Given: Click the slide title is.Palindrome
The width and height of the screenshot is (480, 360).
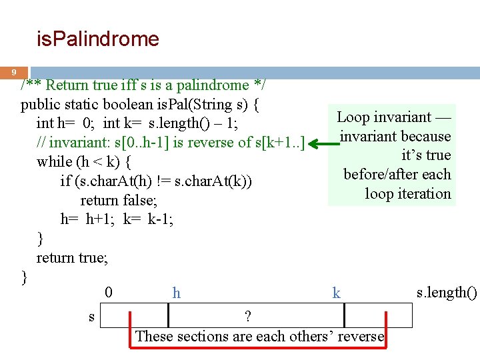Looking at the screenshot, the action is click(x=97, y=39).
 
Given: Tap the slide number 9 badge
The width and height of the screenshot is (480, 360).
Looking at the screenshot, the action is click(x=13, y=72).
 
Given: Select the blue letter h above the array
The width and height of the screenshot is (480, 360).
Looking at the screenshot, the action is click(x=176, y=293).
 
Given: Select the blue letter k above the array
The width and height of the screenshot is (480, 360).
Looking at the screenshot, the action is click(x=336, y=293).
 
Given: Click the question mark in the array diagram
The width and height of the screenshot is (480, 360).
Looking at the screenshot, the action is click(x=247, y=315).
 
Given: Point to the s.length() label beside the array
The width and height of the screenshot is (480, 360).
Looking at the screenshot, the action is click(x=447, y=292).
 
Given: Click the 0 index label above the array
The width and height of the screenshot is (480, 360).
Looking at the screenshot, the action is click(x=109, y=292).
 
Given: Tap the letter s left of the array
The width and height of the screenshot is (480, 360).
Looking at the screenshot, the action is click(x=91, y=317).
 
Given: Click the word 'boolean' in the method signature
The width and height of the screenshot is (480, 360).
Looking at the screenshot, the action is click(x=124, y=105).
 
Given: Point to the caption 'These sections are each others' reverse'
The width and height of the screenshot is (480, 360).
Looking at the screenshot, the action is click(x=260, y=336).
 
